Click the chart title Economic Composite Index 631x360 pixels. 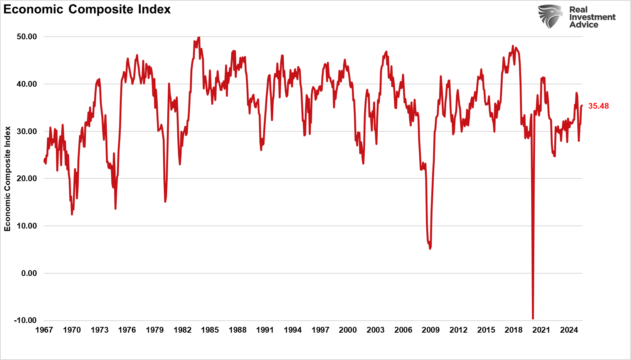tap(87, 9)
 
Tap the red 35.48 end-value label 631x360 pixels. tap(598, 106)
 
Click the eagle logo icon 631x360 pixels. tap(550, 16)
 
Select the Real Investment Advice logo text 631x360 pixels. tap(592, 17)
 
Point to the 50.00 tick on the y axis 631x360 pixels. tap(27, 37)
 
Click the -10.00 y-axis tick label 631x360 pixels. tap(25, 320)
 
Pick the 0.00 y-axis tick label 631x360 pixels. tap(29, 273)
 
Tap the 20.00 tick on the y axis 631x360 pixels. tap(27, 178)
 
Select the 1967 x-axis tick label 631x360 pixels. tap(44, 330)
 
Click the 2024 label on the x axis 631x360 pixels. tap(569, 330)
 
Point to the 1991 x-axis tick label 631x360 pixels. tap(265, 330)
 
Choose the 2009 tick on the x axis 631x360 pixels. tap(431, 330)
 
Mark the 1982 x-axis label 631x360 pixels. tap(182, 330)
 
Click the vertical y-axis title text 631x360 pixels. tap(7, 179)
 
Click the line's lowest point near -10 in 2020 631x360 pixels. tap(533, 318)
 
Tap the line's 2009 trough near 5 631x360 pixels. tap(430, 249)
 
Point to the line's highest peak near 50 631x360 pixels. tap(199, 37)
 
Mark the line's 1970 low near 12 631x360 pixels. tap(72, 214)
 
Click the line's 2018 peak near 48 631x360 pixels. tap(513, 46)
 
